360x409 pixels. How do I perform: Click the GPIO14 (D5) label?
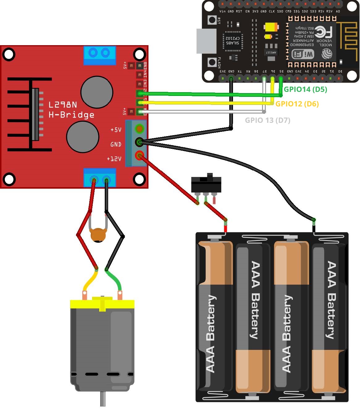click(305, 89)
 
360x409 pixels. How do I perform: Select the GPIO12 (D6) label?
click(297, 104)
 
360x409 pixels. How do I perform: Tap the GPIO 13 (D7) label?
click(267, 120)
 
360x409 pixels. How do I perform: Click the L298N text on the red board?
click(63, 105)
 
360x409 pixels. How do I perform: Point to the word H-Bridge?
click(71, 115)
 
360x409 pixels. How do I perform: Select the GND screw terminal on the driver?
click(139, 142)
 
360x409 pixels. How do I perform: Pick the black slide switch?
click(206, 185)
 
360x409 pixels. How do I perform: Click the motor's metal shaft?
click(103, 399)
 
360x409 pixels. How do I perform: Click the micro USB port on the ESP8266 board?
click(206, 41)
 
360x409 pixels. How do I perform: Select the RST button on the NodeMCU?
click(212, 20)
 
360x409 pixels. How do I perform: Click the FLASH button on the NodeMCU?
click(212, 62)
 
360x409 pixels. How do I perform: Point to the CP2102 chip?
click(233, 41)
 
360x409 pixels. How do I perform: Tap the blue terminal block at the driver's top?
click(100, 55)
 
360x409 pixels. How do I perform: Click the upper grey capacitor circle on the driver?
click(97, 92)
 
